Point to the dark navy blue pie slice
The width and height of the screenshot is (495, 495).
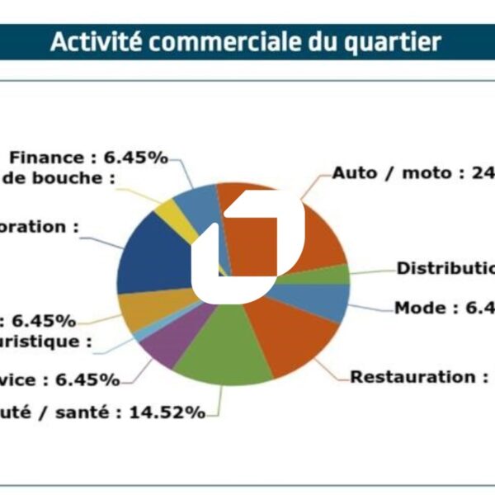[153, 256]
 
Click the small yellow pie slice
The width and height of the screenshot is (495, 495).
[188, 212]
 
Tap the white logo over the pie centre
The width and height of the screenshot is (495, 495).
[247, 247]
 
